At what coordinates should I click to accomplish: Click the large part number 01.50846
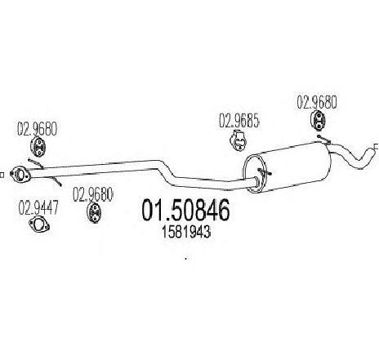pyautogui.click(x=185, y=210)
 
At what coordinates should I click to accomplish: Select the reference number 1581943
pyautogui.click(x=186, y=233)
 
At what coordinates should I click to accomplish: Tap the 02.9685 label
pyautogui.click(x=239, y=121)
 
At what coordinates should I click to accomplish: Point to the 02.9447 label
pyautogui.click(x=38, y=207)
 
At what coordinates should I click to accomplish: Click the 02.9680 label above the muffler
pyautogui.click(x=317, y=103)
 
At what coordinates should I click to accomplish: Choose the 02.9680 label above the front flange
pyautogui.click(x=38, y=129)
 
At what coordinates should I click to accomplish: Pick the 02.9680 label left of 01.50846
pyautogui.click(x=92, y=195)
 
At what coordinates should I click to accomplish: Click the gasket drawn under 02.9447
pyautogui.click(x=39, y=224)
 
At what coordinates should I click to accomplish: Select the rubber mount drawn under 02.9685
pyautogui.click(x=239, y=140)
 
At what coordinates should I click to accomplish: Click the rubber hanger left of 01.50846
pyautogui.click(x=94, y=212)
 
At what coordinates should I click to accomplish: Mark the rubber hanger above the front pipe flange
pyautogui.click(x=38, y=147)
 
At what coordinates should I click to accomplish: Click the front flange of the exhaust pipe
pyautogui.click(x=20, y=174)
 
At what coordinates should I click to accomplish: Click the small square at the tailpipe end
pyautogui.click(x=377, y=147)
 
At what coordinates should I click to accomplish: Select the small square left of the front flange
pyautogui.click(x=2, y=175)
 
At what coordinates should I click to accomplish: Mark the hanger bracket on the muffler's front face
pyautogui.click(x=264, y=173)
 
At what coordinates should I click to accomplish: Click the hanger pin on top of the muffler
pyautogui.click(x=323, y=139)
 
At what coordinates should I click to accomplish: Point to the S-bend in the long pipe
pyautogui.click(x=167, y=173)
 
